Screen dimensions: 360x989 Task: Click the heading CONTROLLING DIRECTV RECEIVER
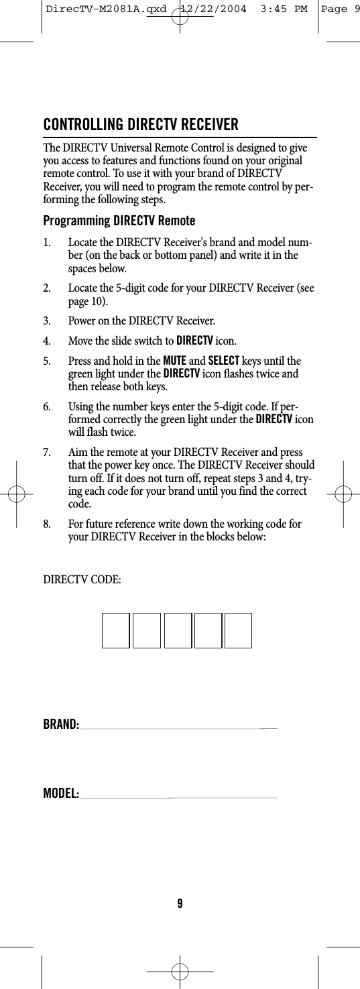[x=141, y=125]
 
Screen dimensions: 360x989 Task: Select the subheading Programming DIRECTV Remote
[x=119, y=221]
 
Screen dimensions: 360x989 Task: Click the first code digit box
[x=115, y=630]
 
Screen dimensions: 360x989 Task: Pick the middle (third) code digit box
[x=178, y=630]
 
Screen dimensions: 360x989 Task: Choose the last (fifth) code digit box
[x=238, y=630]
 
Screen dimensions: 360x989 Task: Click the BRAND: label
[x=61, y=724]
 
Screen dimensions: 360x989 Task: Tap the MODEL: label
[x=61, y=795]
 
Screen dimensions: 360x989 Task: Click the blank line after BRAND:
[x=178, y=728]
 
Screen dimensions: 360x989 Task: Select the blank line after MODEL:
[x=178, y=798]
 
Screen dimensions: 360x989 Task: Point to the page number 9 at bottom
[x=180, y=903]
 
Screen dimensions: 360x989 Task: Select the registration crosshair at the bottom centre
[x=180, y=970]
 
